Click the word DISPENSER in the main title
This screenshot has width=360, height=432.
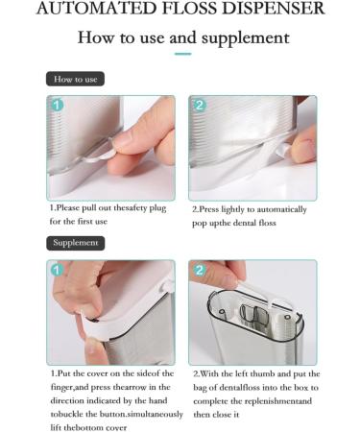pos(274,8)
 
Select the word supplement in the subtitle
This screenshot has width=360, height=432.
pos(246,38)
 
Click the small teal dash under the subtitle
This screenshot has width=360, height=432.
pos(182,54)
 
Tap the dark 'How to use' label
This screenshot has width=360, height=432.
pos(75,79)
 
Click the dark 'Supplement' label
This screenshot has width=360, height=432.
pos(76,243)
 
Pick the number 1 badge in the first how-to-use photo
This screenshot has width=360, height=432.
pos(57,105)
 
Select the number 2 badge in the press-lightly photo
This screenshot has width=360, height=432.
pos(200,105)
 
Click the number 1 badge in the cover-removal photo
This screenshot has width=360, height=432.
pos(57,270)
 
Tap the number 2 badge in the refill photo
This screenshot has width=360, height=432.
pos(200,270)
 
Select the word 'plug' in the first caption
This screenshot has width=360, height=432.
pos(157,208)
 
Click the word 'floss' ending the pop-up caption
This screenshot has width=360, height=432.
pos(267,223)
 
